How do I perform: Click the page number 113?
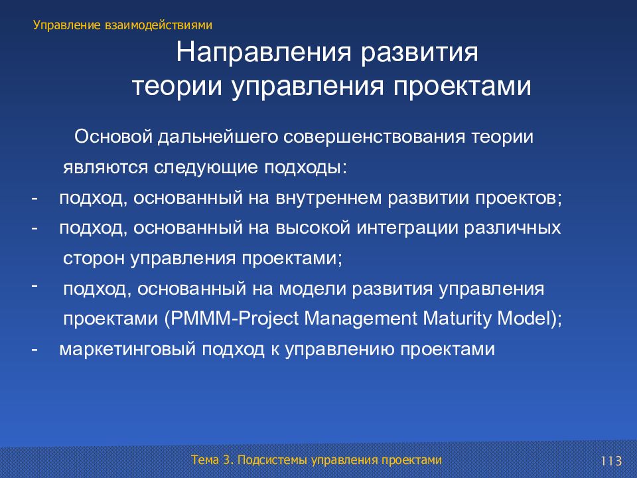(611, 461)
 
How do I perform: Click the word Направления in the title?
(263, 53)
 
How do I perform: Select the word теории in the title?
(177, 86)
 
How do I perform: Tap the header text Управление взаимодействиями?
(123, 25)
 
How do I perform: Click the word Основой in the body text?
(113, 137)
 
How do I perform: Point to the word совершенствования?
(374, 137)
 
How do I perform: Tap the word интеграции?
(407, 228)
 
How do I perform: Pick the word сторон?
(94, 259)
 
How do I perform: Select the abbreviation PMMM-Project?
(232, 319)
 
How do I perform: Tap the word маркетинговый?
(127, 350)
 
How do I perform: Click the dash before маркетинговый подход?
(35, 349)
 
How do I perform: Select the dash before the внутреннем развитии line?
(35, 198)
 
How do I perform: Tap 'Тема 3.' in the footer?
(212, 460)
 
